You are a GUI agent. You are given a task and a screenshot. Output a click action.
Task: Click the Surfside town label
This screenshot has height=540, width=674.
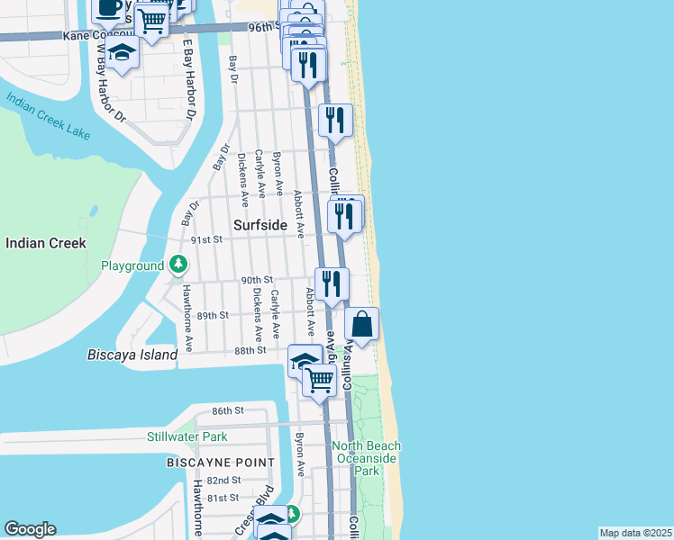point(260,224)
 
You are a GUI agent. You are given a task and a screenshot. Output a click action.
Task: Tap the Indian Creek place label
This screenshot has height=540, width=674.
point(45,243)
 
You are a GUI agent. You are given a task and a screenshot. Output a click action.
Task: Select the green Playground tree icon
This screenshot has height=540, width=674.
point(179,265)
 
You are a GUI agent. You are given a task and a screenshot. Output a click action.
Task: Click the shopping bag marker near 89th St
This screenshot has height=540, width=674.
point(361,325)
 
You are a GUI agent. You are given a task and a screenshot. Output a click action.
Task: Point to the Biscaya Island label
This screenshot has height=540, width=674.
point(132,355)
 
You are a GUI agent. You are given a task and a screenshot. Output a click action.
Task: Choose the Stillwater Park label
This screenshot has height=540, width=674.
point(187,437)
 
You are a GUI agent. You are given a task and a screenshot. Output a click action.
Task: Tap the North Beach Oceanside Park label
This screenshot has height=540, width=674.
point(367,458)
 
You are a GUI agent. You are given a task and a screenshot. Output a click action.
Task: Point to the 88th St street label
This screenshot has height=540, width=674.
point(250,350)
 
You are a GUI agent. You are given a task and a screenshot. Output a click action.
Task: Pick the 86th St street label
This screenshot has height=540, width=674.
point(228,410)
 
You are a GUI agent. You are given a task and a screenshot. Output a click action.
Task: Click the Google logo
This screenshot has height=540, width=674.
point(30,529)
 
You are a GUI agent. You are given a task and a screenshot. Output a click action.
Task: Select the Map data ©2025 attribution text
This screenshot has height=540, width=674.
point(634,533)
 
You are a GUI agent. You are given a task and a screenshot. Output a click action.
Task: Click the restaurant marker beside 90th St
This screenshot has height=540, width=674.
point(332,283)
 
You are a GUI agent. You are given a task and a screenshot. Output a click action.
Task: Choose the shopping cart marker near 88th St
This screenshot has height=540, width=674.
point(319,380)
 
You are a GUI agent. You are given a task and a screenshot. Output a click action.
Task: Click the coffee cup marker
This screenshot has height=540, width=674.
point(109,8)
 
